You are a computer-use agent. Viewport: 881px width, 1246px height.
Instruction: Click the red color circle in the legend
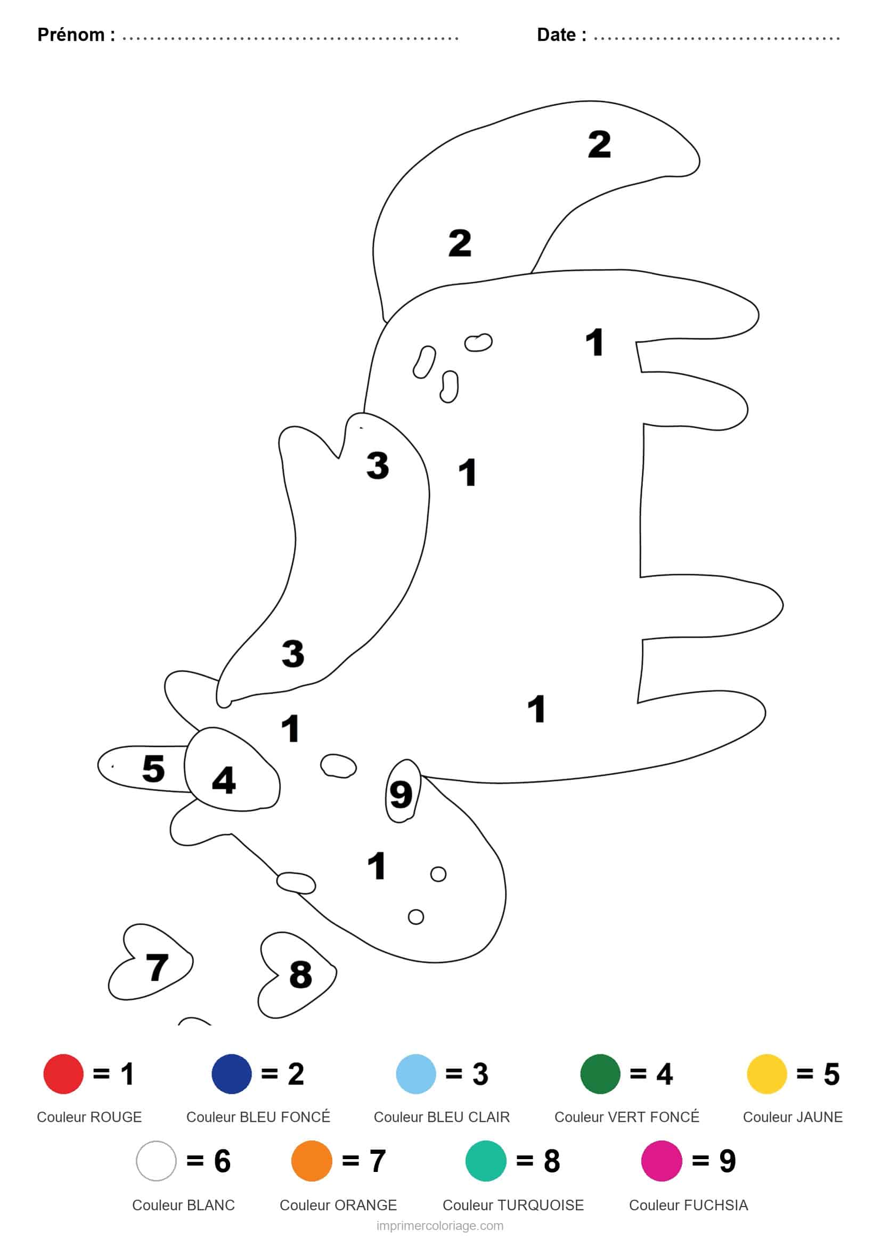[63, 1073]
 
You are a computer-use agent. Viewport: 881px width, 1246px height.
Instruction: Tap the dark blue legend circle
[232, 1073]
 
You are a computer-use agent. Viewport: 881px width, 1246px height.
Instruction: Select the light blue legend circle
[416, 1073]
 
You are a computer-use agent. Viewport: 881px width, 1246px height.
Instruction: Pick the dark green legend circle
[600, 1073]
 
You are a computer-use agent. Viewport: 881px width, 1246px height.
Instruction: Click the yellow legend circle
[766, 1073]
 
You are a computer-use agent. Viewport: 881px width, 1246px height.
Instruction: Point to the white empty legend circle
[156, 1161]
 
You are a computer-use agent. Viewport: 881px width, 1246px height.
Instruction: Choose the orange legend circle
[312, 1161]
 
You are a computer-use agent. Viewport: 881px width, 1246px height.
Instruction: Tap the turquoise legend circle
[486, 1161]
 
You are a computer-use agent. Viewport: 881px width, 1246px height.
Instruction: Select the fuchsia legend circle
[662, 1161]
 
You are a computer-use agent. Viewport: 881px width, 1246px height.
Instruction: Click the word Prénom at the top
[71, 35]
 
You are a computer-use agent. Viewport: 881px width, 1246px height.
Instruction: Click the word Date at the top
[556, 35]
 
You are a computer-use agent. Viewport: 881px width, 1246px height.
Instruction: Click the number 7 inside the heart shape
[157, 966]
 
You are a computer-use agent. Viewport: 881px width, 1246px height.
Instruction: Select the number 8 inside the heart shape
[300, 974]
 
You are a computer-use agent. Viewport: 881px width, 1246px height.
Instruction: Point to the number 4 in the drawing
[224, 780]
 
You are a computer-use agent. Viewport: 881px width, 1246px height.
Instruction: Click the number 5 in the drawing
[153, 768]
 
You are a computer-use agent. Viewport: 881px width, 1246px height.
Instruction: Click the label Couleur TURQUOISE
[513, 1206]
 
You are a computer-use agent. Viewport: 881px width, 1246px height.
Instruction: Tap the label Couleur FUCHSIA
[688, 1206]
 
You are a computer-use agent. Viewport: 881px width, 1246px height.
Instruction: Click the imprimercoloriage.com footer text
[440, 1226]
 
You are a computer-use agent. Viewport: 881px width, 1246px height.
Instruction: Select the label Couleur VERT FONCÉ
[626, 1117]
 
